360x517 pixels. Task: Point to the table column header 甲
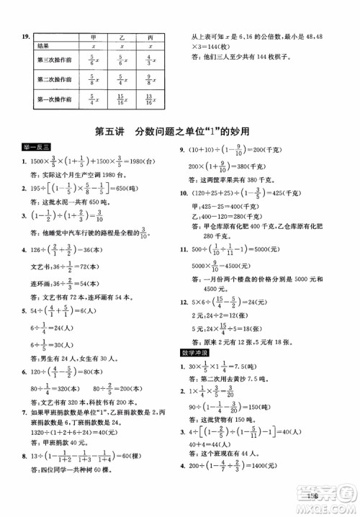(x=91, y=36)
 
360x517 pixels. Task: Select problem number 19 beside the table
(x=25, y=36)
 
